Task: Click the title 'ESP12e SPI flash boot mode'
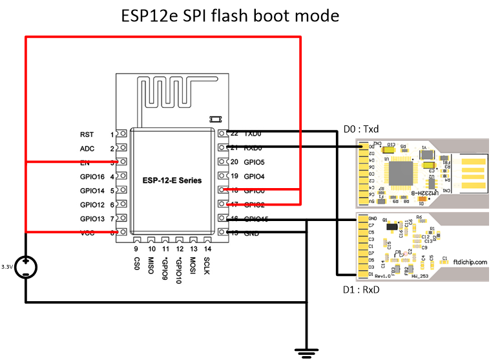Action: (x=230, y=16)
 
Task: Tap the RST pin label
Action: (x=86, y=134)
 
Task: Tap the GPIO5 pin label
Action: (x=255, y=162)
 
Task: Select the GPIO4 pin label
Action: (x=255, y=176)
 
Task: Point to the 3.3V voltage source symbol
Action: (x=26, y=266)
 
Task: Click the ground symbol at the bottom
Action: (x=306, y=352)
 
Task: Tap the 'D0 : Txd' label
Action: (x=360, y=130)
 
